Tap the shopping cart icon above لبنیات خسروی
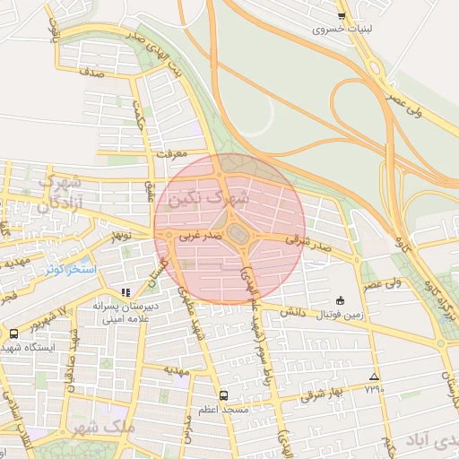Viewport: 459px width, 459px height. point(342,15)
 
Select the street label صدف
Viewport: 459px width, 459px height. point(92,74)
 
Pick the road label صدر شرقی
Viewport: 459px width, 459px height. point(308,241)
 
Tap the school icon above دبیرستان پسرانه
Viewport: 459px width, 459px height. point(126,292)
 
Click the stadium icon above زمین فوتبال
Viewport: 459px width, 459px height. point(339,301)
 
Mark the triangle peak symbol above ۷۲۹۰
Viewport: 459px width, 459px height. point(374,377)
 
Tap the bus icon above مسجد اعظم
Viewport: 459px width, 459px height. point(223,395)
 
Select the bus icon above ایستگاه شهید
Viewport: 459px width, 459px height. point(13,333)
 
